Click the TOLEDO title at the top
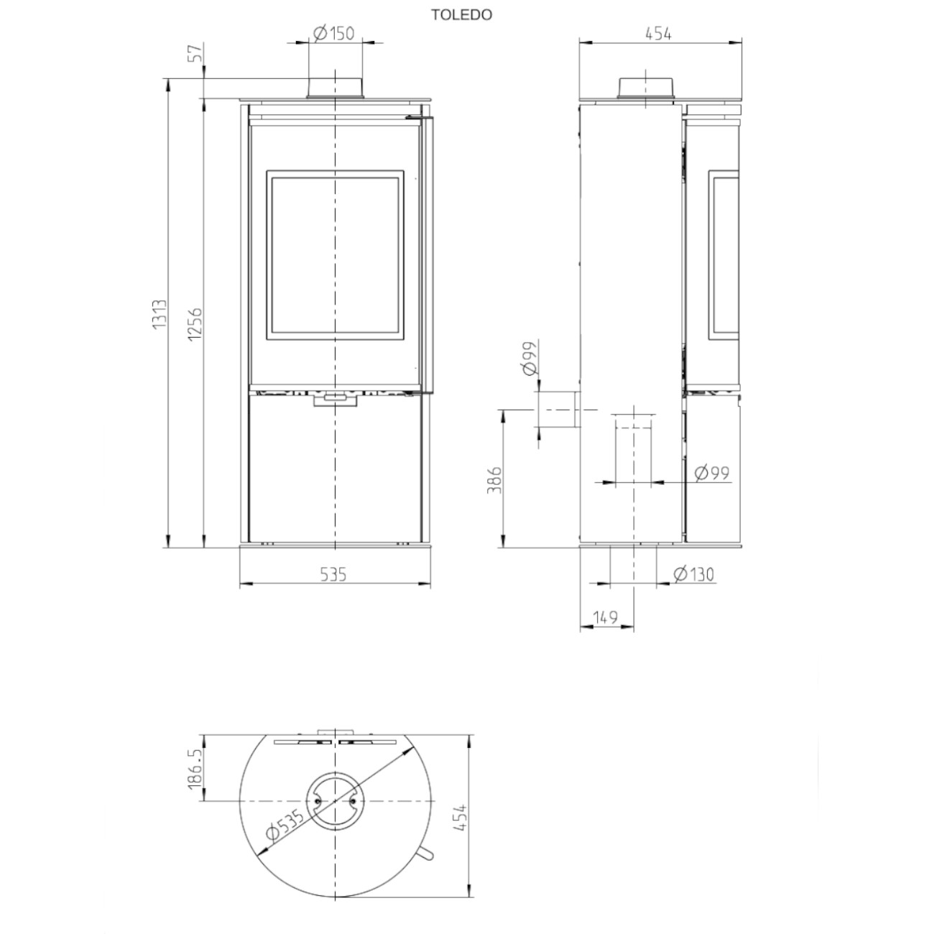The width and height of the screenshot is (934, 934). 461,15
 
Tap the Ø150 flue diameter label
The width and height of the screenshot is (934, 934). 334,34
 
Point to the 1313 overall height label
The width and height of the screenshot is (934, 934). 159,315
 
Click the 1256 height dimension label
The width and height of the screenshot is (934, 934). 195,323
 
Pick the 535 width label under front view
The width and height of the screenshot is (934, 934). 333,575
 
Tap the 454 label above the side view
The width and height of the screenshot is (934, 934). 658,34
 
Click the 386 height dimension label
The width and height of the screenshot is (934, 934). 494,481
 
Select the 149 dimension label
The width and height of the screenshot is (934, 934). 606,617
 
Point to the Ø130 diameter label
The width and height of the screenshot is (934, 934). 693,574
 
